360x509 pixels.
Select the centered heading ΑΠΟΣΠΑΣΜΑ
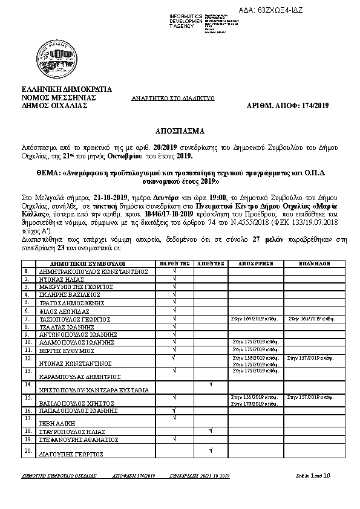click(179, 131)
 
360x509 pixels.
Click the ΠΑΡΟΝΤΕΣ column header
click(174, 264)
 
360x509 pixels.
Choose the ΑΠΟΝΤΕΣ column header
click(210, 264)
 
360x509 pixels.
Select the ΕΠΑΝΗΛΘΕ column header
click(313, 264)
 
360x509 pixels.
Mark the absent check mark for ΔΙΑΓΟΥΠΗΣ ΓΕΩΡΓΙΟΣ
click(210, 449)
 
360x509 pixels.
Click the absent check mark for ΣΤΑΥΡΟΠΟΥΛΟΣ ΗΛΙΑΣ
click(210, 430)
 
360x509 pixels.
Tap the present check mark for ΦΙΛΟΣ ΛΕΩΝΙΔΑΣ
click(174, 309)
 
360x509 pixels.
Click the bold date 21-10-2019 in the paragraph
click(111, 197)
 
